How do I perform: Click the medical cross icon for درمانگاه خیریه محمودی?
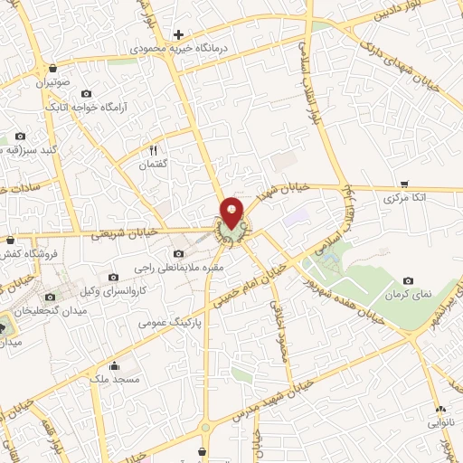[179, 34]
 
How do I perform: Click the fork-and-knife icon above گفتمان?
[153, 150]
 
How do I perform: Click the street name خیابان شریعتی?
[134, 232]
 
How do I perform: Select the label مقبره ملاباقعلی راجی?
[177, 268]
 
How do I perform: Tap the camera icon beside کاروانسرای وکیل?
[112, 277]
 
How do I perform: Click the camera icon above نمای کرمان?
[409, 282]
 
